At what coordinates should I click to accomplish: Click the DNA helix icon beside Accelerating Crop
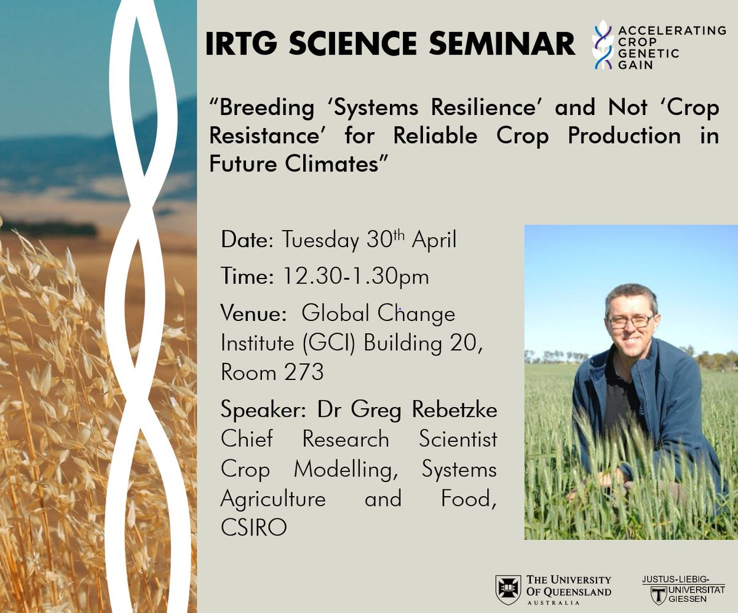[x=603, y=45]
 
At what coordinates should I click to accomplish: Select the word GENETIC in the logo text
[x=649, y=53]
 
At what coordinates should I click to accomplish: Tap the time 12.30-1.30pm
[x=355, y=277]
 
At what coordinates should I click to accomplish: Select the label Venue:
[x=253, y=314]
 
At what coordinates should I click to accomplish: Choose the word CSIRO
[x=253, y=527]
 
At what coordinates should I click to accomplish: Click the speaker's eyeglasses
[x=630, y=320]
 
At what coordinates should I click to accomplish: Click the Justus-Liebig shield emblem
[x=660, y=595]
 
